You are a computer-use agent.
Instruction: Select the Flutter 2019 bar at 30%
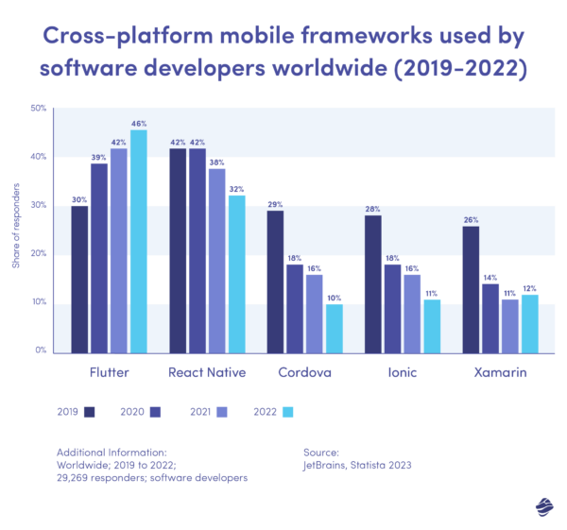click(x=79, y=279)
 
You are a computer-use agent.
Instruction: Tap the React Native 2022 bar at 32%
click(x=237, y=274)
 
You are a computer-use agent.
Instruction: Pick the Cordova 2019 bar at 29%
click(x=275, y=281)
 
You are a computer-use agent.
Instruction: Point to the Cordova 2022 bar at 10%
click(x=335, y=328)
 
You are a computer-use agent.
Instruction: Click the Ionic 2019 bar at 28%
click(x=373, y=283)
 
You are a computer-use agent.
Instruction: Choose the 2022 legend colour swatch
click(x=289, y=411)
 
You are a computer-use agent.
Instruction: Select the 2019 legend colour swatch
click(x=90, y=411)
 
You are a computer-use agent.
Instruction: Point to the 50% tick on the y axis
click(x=39, y=109)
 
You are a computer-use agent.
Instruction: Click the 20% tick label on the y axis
click(x=39, y=253)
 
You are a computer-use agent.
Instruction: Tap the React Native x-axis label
click(x=207, y=373)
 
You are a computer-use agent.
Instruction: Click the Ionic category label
click(x=403, y=373)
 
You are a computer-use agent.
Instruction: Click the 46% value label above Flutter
click(x=139, y=122)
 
